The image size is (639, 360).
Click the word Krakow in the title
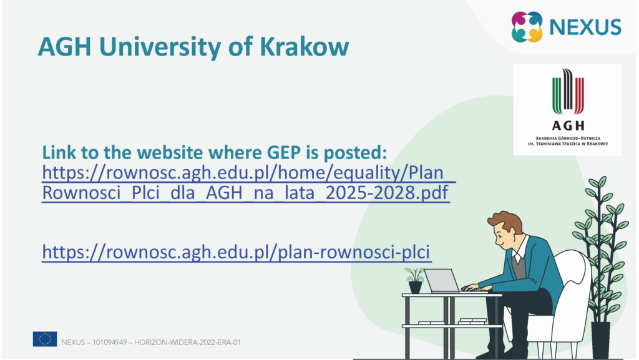304,46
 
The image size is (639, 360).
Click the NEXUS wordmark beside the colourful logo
585,27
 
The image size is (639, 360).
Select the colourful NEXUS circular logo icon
527,27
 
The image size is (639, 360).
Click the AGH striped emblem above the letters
568,92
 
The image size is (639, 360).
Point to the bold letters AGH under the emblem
568,125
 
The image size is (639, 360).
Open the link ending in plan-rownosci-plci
237,252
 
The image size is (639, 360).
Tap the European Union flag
45,339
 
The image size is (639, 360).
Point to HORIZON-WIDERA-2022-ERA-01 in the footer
187,343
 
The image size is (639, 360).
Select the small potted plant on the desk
415,281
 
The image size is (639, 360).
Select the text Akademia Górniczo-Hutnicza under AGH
568,139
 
